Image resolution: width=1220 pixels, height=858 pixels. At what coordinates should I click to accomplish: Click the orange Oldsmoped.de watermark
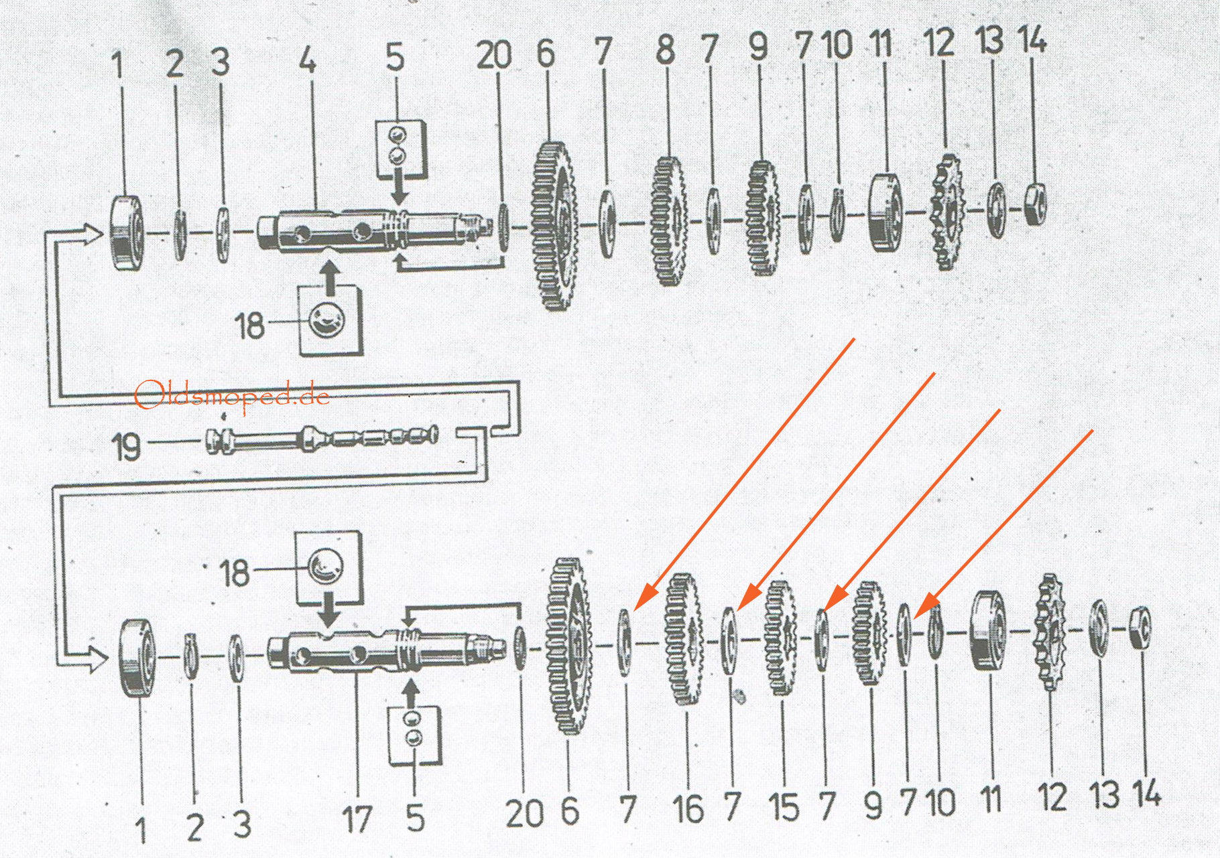tap(232, 395)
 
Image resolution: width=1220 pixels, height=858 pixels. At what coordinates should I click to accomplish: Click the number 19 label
tap(126, 447)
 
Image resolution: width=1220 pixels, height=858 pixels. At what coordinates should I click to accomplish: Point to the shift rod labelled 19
tap(322, 439)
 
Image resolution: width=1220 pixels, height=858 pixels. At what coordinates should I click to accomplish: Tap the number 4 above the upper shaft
tap(308, 61)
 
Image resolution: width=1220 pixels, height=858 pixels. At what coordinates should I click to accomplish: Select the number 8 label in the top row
tap(665, 50)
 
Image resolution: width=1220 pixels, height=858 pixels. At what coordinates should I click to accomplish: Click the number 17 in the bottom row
tap(357, 819)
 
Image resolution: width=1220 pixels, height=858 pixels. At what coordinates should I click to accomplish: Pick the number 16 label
tap(688, 809)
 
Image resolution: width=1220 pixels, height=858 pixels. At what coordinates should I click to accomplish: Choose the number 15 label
tap(784, 807)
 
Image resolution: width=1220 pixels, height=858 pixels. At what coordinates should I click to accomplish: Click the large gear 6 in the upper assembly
tap(555, 226)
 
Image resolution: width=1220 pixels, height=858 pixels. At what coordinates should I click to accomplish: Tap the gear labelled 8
tap(668, 221)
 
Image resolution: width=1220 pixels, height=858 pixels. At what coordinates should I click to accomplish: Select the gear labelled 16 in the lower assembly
tap(684, 639)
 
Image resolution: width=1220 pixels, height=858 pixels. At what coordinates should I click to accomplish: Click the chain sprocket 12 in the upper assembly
tap(947, 212)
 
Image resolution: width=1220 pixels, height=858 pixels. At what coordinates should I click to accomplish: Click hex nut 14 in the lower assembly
tap(1140, 628)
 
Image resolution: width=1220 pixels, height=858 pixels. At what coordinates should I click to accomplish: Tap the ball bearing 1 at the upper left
tap(126, 232)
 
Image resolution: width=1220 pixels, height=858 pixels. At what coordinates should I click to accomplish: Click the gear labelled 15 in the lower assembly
tap(780, 637)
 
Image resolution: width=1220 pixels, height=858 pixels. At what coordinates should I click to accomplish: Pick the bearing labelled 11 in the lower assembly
tap(987, 630)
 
